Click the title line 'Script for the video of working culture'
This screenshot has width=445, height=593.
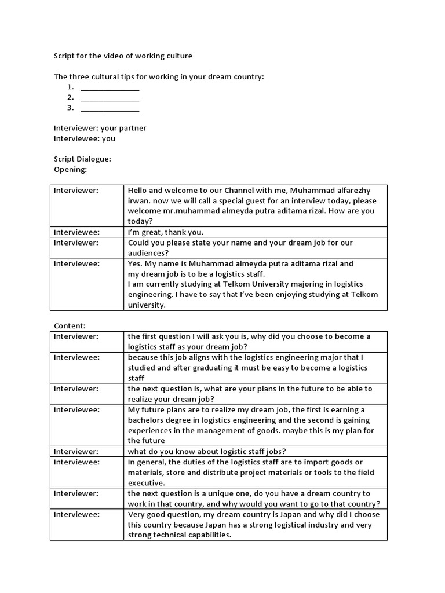(123, 56)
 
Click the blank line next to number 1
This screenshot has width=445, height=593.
(110, 87)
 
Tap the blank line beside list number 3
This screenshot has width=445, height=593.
(110, 108)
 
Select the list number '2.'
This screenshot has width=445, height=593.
(70, 97)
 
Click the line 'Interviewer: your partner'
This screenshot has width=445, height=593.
(100, 128)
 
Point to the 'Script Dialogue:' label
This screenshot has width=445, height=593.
(82, 159)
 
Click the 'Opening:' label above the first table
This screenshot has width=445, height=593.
(70, 169)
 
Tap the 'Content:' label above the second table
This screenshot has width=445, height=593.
(70, 326)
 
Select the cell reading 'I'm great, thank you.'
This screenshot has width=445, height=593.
(166, 232)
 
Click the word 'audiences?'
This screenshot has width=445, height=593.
(148, 252)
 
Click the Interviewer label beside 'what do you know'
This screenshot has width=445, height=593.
(76, 451)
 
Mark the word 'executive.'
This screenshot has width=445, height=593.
(146, 482)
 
